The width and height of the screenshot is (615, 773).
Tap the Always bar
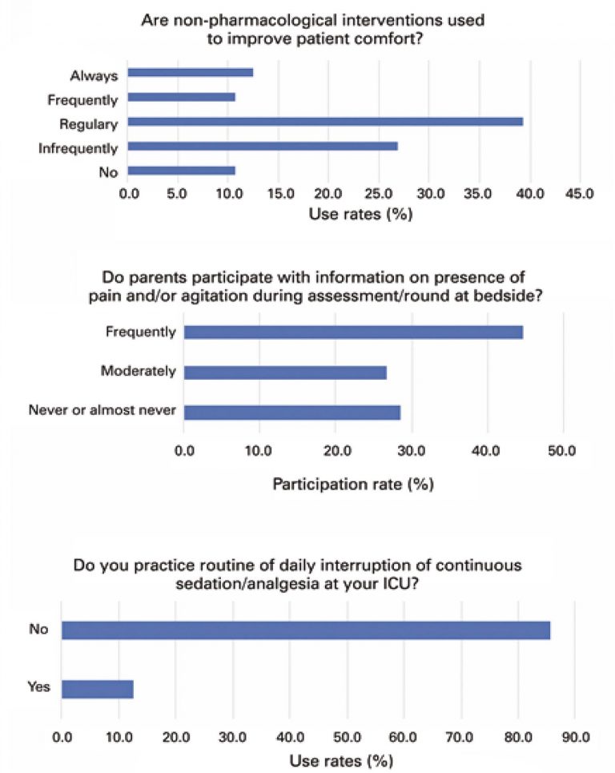tap(191, 73)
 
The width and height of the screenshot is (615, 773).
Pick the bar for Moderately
tap(285, 372)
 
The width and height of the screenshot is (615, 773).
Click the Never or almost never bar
tap(292, 413)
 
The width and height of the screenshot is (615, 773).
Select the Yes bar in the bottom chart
tap(97, 688)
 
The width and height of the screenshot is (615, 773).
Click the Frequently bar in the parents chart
tap(353, 332)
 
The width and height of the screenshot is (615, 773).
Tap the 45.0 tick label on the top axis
tap(579, 193)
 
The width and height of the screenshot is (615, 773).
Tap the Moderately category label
tap(138, 372)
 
